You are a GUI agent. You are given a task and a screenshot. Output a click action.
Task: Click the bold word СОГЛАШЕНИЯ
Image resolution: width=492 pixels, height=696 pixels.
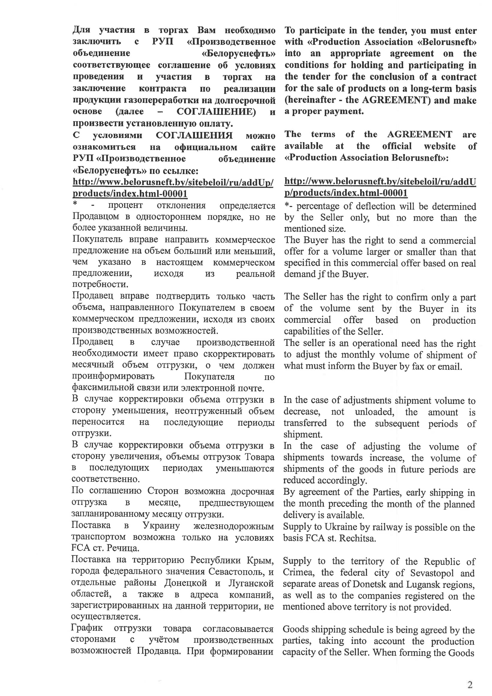coord(194,135)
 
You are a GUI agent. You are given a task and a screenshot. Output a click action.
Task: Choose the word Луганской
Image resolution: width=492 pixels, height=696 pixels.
coord(251,583)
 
